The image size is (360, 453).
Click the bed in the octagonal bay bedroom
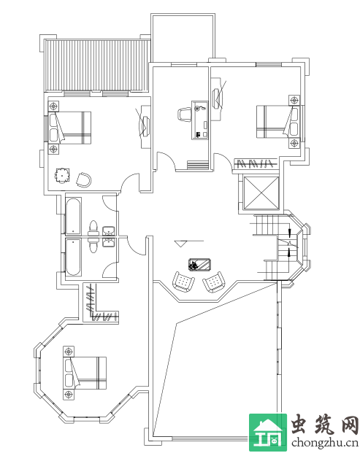tap(85, 373)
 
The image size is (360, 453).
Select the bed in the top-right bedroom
tap(277, 122)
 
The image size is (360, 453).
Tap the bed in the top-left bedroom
tap(69, 128)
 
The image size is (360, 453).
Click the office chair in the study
tap(185, 114)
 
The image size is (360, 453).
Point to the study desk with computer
tap(200, 120)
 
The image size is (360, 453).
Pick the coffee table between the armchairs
tap(200, 265)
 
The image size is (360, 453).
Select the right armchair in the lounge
tap(214, 282)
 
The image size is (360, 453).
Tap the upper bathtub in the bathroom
tap(74, 216)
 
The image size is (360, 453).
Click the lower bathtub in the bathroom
tap(74, 257)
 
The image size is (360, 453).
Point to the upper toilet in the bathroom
tap(93, 228)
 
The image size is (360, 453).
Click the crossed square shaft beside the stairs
tap(261, 193)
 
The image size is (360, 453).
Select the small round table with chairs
tap(62, 175)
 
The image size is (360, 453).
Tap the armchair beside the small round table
tap(84, 179)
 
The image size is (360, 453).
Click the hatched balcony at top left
tap(96, 66)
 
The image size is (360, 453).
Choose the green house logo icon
tap(268, 433)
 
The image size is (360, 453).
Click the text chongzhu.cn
tap(325, 442)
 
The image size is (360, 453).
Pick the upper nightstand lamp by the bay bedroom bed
tap(69, 352)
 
